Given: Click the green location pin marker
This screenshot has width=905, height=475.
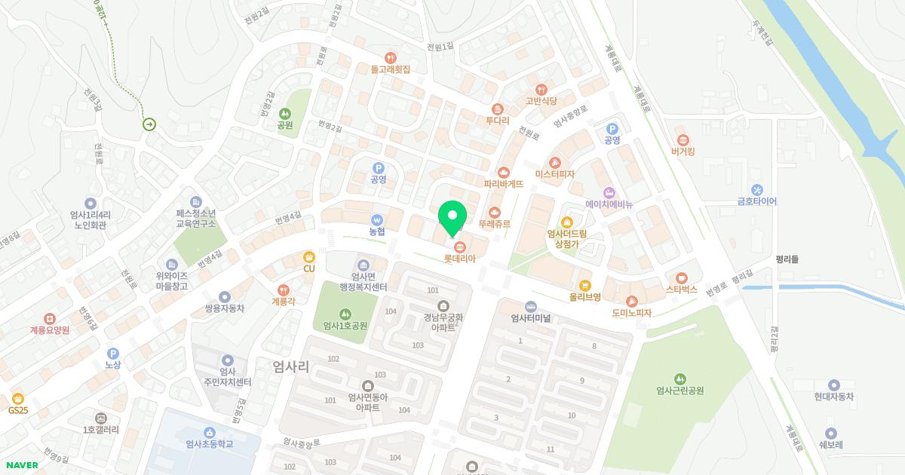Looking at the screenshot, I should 452,219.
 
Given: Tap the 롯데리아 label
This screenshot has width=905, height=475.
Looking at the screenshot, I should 459,259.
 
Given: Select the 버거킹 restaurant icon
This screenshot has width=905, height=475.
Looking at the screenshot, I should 683,139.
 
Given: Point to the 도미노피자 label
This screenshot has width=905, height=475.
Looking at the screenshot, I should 631,313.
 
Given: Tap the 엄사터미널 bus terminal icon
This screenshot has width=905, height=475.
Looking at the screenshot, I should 530,306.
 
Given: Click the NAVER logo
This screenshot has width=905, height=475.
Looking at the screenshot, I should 22,465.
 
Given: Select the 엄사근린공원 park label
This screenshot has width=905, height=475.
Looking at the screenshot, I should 680,391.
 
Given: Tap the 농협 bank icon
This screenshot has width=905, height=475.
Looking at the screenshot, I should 377,219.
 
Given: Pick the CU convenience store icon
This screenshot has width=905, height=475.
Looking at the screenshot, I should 309,257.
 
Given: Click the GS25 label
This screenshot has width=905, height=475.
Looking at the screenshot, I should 18,410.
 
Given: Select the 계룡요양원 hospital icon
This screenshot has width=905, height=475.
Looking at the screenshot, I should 50,319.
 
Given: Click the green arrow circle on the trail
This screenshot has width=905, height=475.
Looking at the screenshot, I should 149,124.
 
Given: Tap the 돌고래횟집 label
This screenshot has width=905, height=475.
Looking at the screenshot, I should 390,69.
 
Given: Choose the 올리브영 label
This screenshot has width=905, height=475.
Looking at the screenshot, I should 585,297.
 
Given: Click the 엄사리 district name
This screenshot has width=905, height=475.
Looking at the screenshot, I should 291,367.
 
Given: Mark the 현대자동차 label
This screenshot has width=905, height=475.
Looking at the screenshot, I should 833,397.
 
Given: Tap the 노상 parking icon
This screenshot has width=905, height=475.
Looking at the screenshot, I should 113,353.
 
